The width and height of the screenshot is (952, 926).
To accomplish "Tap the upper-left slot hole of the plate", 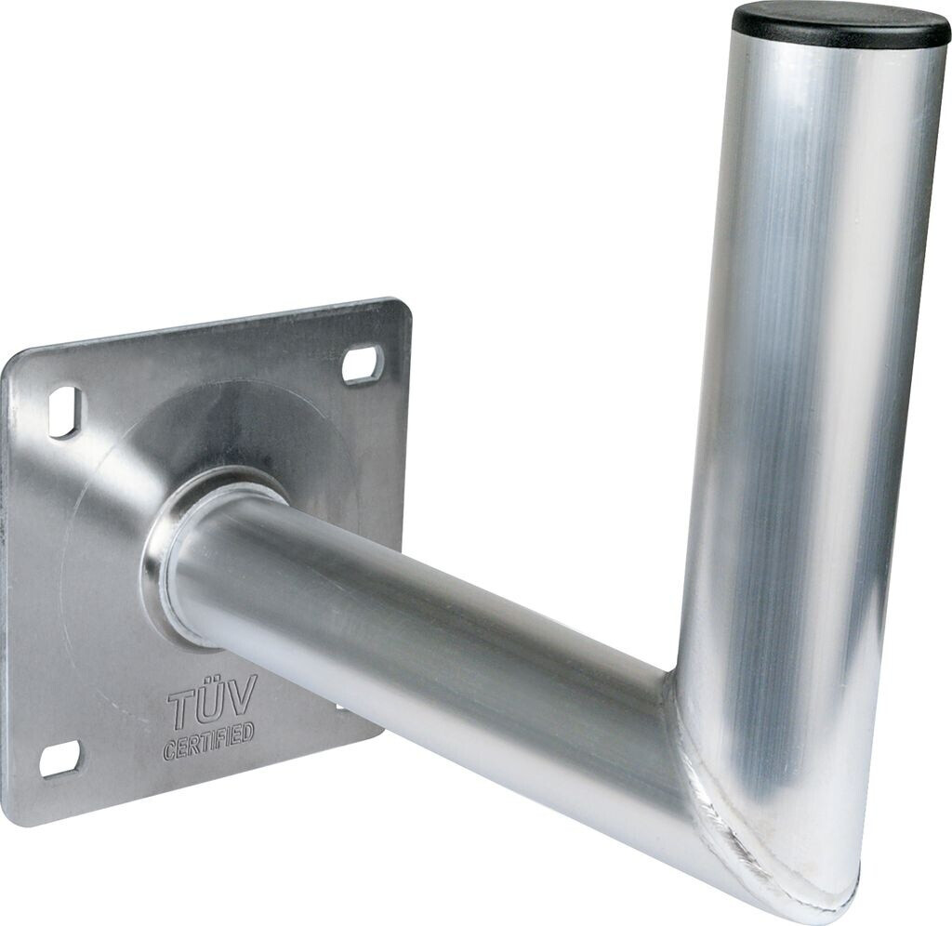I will [x=64, y=412].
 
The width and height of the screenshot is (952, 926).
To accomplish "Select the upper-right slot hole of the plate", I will [x=363, y=364].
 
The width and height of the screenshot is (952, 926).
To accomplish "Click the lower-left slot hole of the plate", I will [x=59, y=760].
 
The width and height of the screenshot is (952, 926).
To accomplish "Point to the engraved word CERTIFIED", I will [x=208, y=740].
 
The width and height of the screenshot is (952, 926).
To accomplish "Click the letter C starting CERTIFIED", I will [x=169, y=751].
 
